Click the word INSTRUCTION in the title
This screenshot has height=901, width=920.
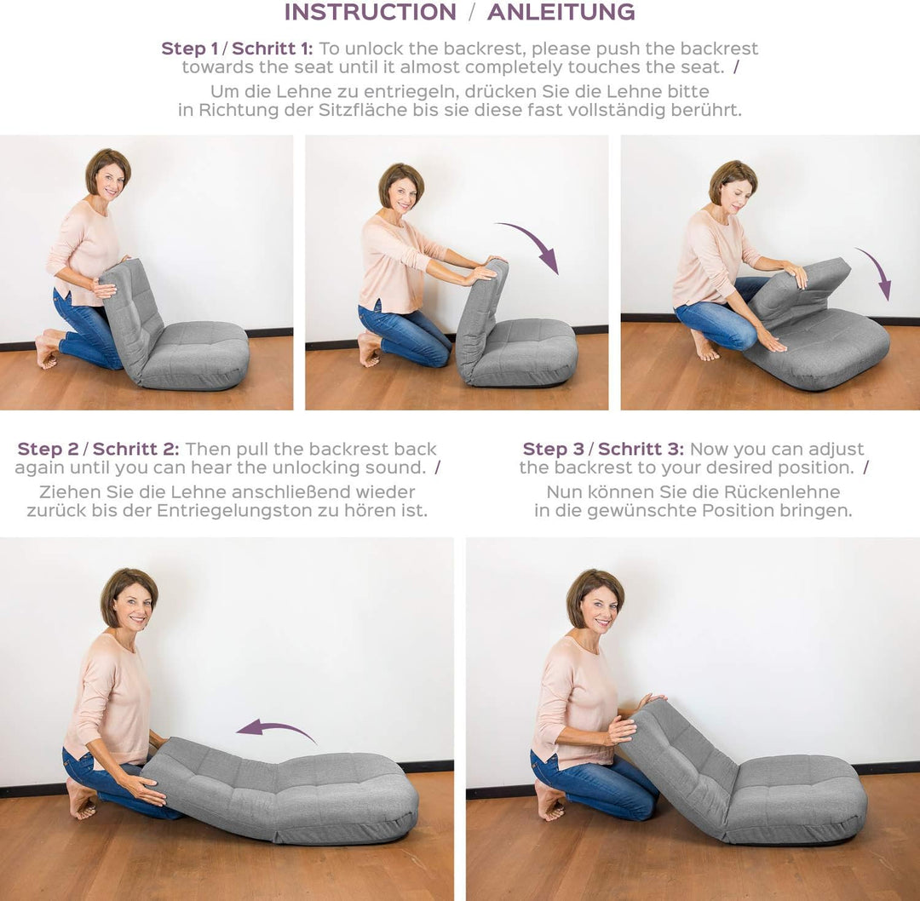(371, 12)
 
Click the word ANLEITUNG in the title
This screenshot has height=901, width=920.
(561, 12)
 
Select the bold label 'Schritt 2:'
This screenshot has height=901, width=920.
(135, 450)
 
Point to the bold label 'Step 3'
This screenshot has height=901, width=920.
(554, 450)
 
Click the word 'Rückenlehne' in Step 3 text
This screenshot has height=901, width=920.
(791, 491)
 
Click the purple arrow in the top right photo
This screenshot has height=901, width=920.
(877, 272)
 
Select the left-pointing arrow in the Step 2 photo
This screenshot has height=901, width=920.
(274, 729)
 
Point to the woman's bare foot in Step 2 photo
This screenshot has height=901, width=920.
(81, 798)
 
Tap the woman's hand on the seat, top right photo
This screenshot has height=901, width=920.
(770, 339)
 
